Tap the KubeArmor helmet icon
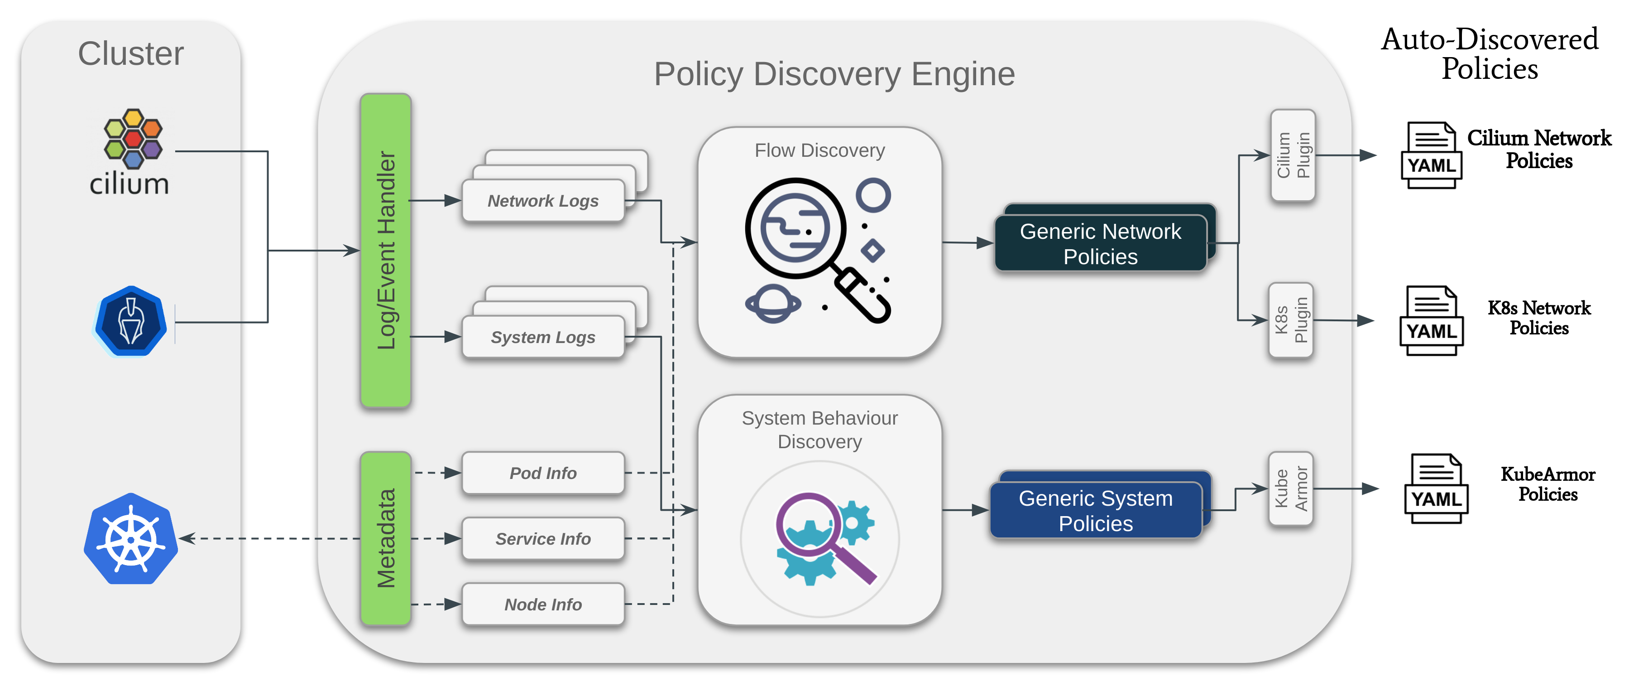click(x=130, y=321)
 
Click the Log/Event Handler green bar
click(x=386, y=250)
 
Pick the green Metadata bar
click(x=386, y=538)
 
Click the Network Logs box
click(x=543, y=201)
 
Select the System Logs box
click(x=543, y=337)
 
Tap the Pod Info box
click(x=543, y=473)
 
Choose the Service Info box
click(x=543, y=538)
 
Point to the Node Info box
click(x=543, y=604)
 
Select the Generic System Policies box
click(x=1096, y=511)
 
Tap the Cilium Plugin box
click(x=1293, y=155)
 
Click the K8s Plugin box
click(x=1291, y=320)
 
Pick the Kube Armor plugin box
click(x=1291, y=488)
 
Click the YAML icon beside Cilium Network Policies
click(x=1432, y=155)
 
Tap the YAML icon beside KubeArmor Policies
click(x=1436, y=488)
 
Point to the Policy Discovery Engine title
click(x=834, y=73)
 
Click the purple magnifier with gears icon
click(x=824, y=538)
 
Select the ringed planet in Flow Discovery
click(x=773, y=304)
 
